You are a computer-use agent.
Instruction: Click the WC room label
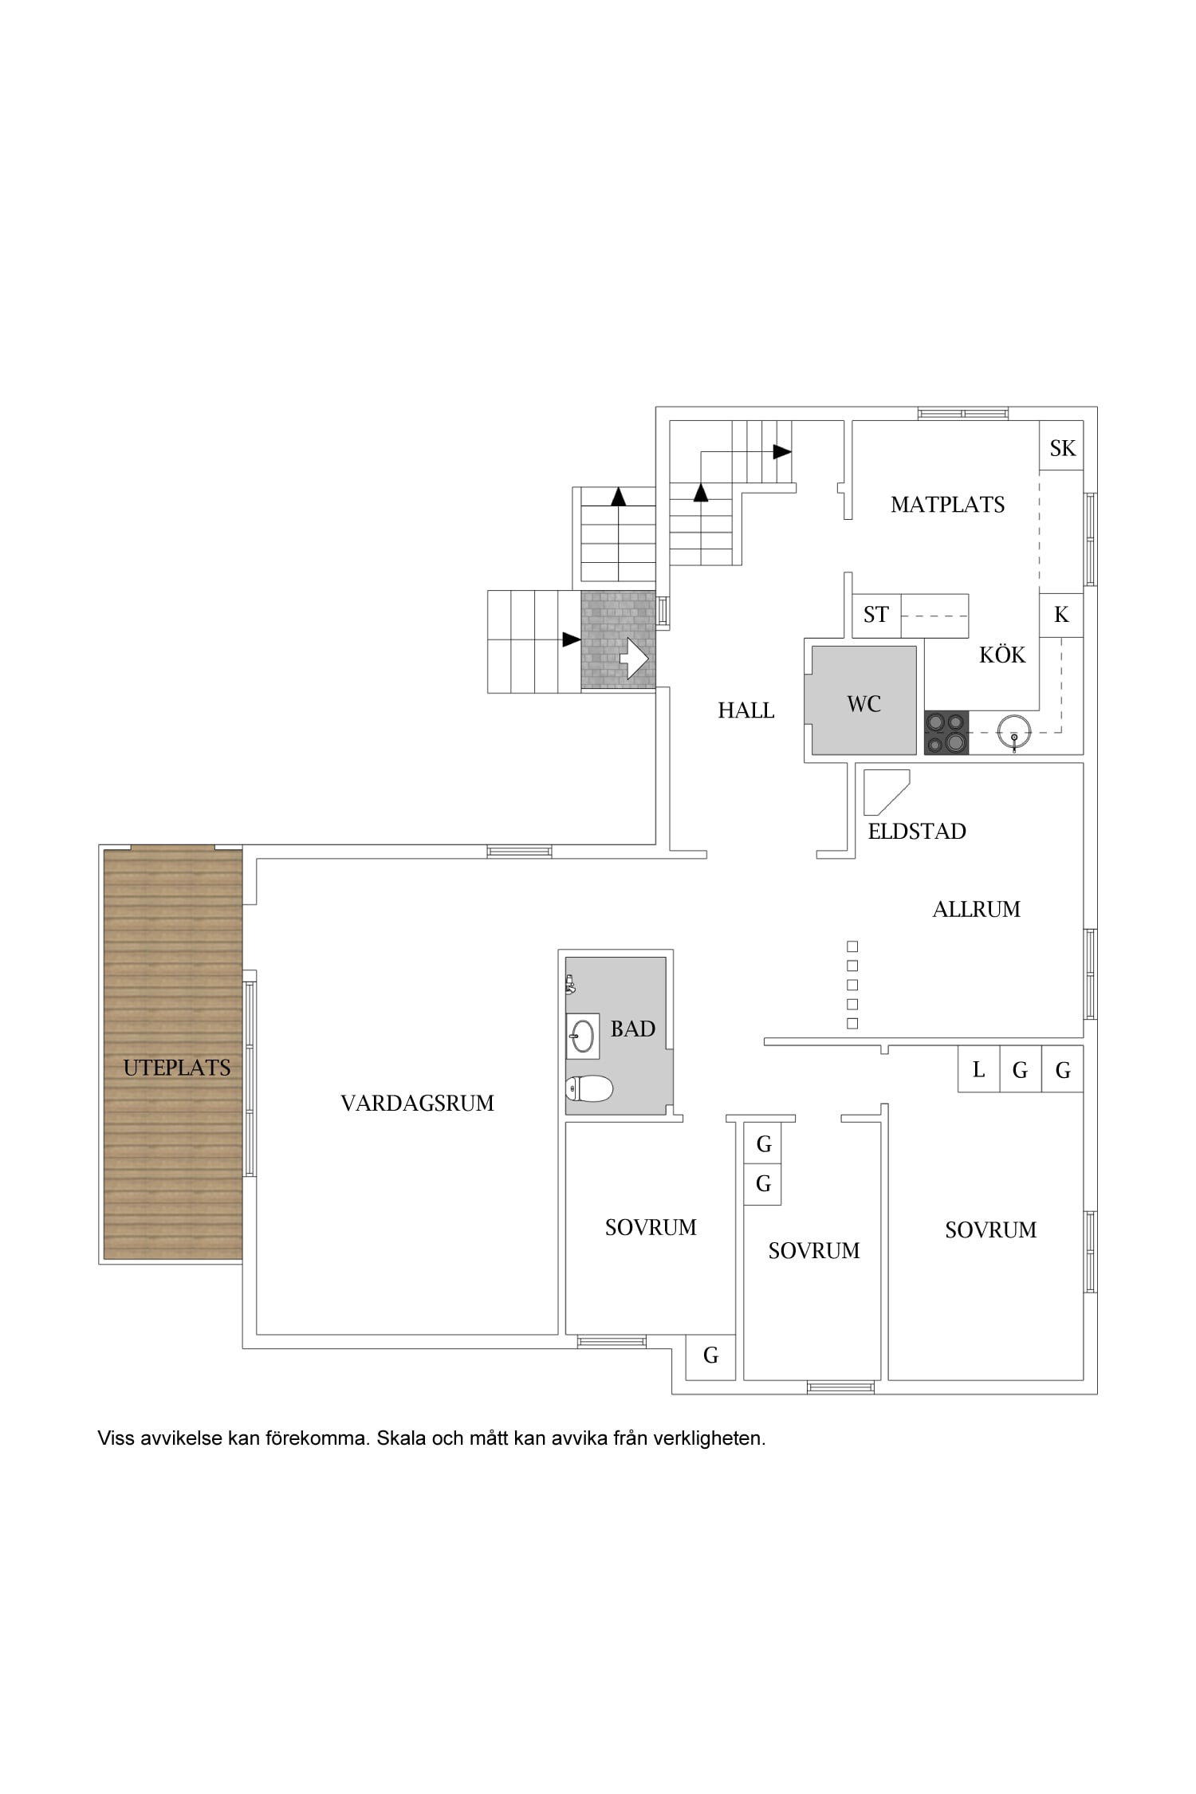[864, 703]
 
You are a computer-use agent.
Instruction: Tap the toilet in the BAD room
[588, 1088]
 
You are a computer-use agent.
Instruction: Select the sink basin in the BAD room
[583, 1037]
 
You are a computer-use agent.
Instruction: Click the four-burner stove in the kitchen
[946, 732]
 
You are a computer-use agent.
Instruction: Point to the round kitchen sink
[1014, 730]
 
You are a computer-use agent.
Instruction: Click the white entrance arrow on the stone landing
[635, 658]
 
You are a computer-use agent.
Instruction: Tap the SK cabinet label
[1062, 448]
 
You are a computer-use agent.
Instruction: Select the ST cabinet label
[875, 615]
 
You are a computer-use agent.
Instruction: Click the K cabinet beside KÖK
[1061, 615]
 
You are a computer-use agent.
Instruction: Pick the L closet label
[978, 1069]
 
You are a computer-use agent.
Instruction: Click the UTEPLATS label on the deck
[177, 1068]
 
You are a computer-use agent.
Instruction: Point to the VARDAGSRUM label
[417, 1103]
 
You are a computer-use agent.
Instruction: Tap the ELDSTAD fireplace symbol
[887, 792]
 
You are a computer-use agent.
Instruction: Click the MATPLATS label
[947, 504]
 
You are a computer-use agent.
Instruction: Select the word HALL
[746, 710]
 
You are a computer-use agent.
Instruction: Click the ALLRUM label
[976, 909]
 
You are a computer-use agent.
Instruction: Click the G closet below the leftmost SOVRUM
[710, 1355]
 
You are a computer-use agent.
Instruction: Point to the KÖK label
[1002, 655]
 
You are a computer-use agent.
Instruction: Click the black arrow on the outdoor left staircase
[571, 639]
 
